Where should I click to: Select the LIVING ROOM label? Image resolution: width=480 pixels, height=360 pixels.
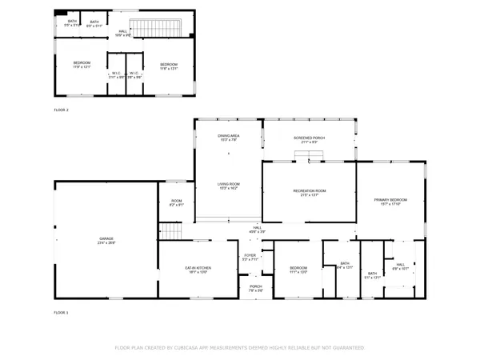[229, 186]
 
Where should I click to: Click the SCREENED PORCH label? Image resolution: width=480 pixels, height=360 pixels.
[309, 138]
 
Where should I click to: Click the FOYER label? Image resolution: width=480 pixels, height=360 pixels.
[250, 257]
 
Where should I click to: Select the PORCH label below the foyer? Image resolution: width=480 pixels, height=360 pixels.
[256, 287]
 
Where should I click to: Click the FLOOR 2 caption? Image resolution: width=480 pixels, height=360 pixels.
[62, 110]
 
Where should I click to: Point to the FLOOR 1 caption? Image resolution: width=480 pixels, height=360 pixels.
[62, 312]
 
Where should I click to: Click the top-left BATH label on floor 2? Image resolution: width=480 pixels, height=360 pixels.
[72, 22]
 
